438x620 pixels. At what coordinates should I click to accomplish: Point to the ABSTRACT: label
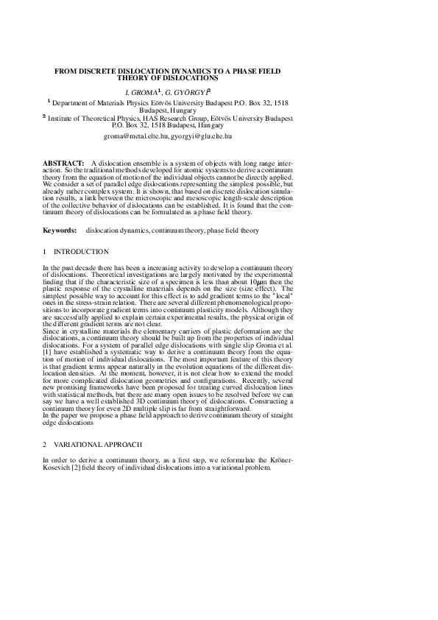tap(63, 159)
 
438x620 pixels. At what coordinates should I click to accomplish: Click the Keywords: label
tap(60, 230)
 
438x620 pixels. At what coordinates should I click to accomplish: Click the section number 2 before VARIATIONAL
tap(45, 445)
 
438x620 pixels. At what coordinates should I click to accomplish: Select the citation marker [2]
tap(72, 465)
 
